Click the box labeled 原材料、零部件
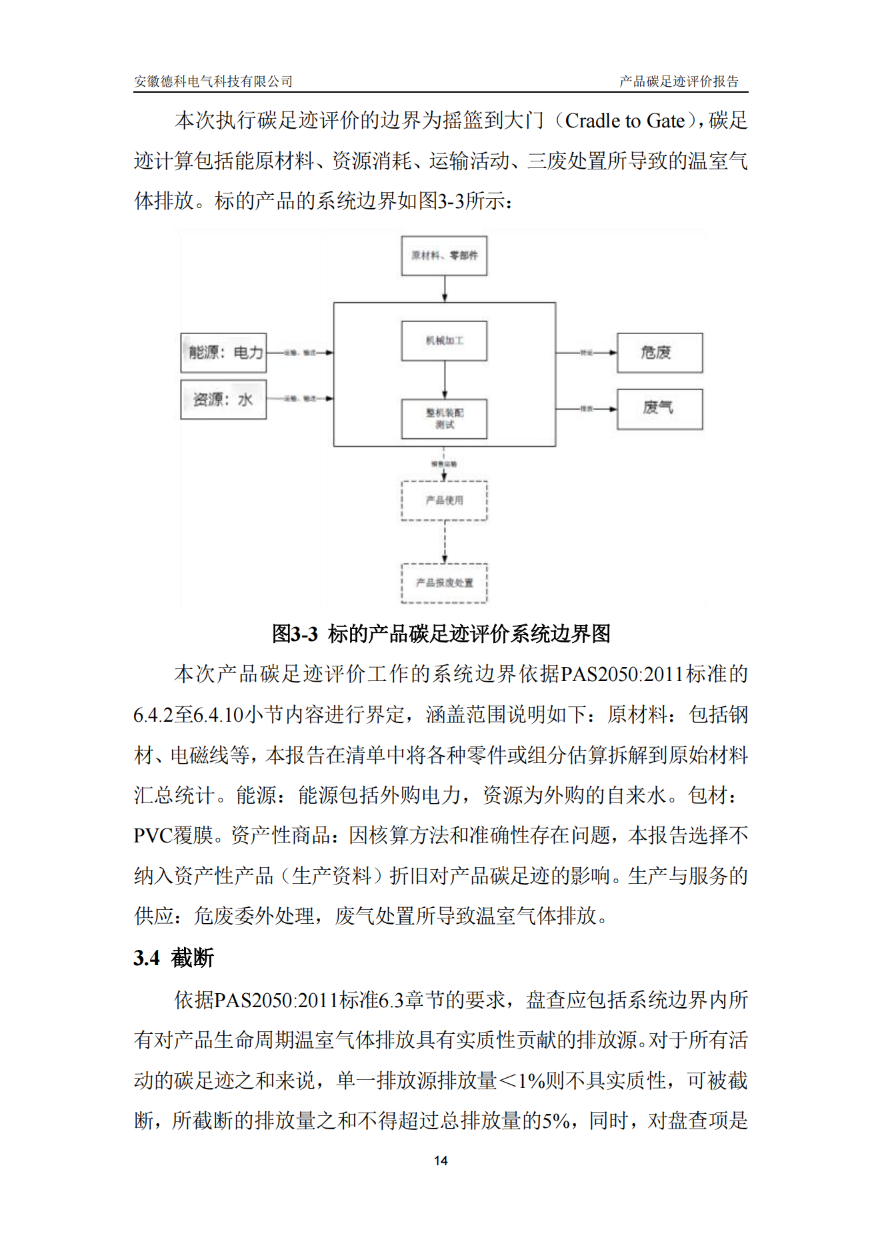(x=444, y=255)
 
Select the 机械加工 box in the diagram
(x=444, y=341)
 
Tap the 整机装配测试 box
(x=444, y=419)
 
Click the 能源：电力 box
(x=224, y=352)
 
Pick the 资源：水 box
(x=223, y=400)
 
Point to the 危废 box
(x=659, y=352)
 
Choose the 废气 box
(x=659, y=408)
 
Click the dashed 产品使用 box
(x=444, y=500)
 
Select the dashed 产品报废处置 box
(x=444, y=583)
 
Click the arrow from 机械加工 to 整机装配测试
(x=445, y=380)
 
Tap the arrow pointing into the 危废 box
(x=587, y=352)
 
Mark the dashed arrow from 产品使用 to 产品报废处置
(x=445, y=542)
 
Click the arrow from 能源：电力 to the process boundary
(x=300, y=352)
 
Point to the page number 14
(x=441, y=1161)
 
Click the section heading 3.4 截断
(x=173, y=958)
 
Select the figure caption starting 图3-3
(x=441, y=633)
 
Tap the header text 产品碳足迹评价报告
(x=679, y=81)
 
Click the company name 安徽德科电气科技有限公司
(x=213, y=81)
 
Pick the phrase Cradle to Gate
(x=625, y=121)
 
